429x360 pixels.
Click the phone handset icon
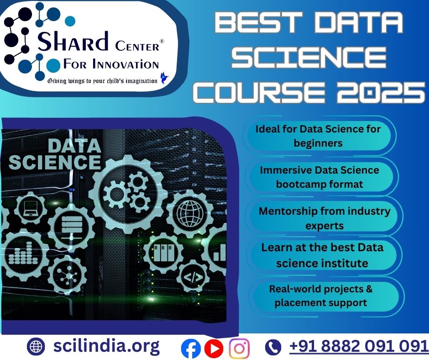click(x=273, y=347)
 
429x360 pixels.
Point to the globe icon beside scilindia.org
click(x=36, y=347)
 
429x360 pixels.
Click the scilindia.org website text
click(x=106, y=346)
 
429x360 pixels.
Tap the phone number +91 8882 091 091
click(x=359, y=346)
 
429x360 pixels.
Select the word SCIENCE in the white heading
click(x=309, y=58)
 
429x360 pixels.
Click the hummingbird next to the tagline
click(x=164, y=78)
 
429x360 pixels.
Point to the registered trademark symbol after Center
click(x=162, y=42)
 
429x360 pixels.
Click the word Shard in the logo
click(x=73, y=41)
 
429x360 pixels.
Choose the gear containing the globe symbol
click(x=190, y=213)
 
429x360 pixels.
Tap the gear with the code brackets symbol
click(x=193, y=277)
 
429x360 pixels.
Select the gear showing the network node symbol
click(x=67, y=275)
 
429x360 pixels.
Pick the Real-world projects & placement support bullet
click(x=321, y=296)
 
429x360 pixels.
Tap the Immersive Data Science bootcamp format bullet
click(x=319, y=177)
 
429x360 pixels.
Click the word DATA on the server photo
click(x=74, y=146)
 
